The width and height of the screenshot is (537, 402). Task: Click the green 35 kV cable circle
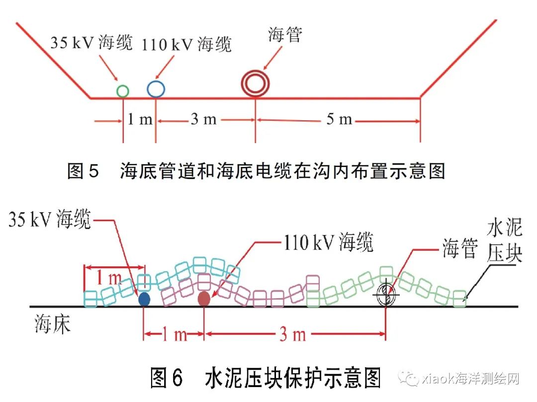click(x=123, y=91)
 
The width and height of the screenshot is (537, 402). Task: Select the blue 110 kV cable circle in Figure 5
click(x=156, y=88)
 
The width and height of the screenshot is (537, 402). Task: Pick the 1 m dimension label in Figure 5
click(x=140, y=120)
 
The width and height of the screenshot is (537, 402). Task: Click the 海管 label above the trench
click(x=285, y=35)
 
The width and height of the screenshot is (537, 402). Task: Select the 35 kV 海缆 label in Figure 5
click(x=91, y=43)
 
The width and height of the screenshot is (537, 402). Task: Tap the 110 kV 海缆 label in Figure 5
click(x=186, y=45)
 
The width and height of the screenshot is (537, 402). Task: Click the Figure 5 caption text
click(x=256, y=171)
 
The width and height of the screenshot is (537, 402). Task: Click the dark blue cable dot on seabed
click(x=144, y=299)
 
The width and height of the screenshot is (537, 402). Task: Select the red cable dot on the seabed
click(x=204, y=298)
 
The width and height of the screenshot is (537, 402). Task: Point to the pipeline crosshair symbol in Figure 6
click(x=386, y=296)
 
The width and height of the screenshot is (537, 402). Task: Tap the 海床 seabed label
click(x=53, y=324)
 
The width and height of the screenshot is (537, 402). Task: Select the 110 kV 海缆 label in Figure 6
click(x=328, y=243)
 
